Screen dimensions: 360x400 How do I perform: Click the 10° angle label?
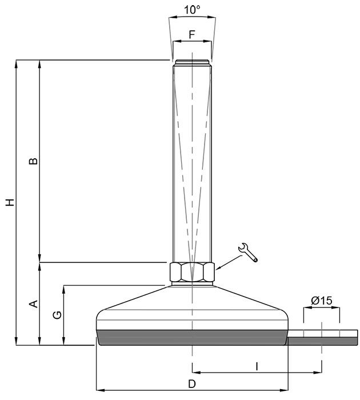[x=192, y=10]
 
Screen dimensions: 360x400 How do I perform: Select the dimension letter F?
[x=192, y=34]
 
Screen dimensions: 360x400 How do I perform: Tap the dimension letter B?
[x=33, y=161]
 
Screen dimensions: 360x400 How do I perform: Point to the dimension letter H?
[x=10, y=202]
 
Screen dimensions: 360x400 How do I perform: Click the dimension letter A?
[x=34, y=304]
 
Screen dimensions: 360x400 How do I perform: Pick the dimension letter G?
[x=57, y=315]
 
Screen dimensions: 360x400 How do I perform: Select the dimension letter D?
[x=192, y=383]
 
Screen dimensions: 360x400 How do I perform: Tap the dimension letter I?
[x=257, y=367]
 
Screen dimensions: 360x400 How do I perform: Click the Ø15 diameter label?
[x=322, y=301]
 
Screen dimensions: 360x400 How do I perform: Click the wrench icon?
[x=248, y=252]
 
